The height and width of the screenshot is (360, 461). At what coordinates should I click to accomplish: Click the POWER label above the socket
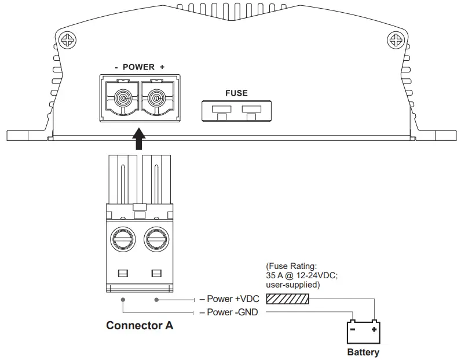click(x=139, y=67)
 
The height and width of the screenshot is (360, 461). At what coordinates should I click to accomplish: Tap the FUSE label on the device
click(x=236, y=93)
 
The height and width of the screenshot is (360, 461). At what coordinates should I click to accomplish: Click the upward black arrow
click(x=138, y=140)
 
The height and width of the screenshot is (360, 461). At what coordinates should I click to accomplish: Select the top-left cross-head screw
click(x=68, y=41)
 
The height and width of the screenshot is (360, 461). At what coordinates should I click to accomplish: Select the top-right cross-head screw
click(x=396, y=41)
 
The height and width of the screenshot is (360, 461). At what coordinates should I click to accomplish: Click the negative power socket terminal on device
click(x=122, y=99)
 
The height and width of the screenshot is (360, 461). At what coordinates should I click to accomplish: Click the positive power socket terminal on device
click(x=156, y=99)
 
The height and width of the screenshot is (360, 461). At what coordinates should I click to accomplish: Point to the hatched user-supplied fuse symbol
click(x=287, y=299)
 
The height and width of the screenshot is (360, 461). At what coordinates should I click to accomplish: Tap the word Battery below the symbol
click(x=363, y=352)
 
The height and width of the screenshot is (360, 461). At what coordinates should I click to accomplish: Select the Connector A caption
click(x=140, y=325)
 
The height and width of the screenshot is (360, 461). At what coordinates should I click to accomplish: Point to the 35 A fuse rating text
click(x=301, y=275)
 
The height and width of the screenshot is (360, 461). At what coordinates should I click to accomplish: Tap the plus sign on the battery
click(x=375, y=329)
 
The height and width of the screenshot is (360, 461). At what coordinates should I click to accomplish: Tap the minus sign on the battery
click(x=352, y=329)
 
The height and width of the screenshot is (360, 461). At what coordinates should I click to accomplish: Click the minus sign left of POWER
click(x=116, y=67)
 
